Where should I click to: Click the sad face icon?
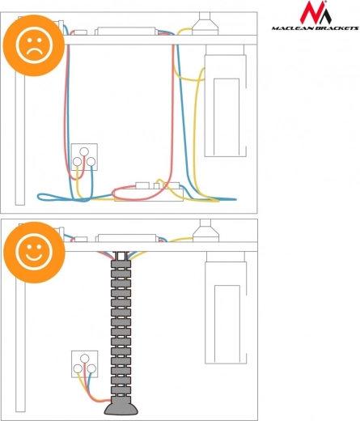(34, 45)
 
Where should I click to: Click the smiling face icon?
(34, 253)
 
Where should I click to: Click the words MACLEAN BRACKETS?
(316, 28)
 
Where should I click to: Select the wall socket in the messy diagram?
(84, 157)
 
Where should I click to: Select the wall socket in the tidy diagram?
(85, 364)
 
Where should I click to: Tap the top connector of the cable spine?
(121, 256)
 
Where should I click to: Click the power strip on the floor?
(149, 192)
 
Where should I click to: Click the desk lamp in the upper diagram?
(205, 23)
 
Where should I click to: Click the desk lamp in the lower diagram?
(205, 231)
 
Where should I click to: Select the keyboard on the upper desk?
(126, 31)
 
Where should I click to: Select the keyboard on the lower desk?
(127, 238)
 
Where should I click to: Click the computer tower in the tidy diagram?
(226, 308)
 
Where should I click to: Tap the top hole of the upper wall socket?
(84, 151)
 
